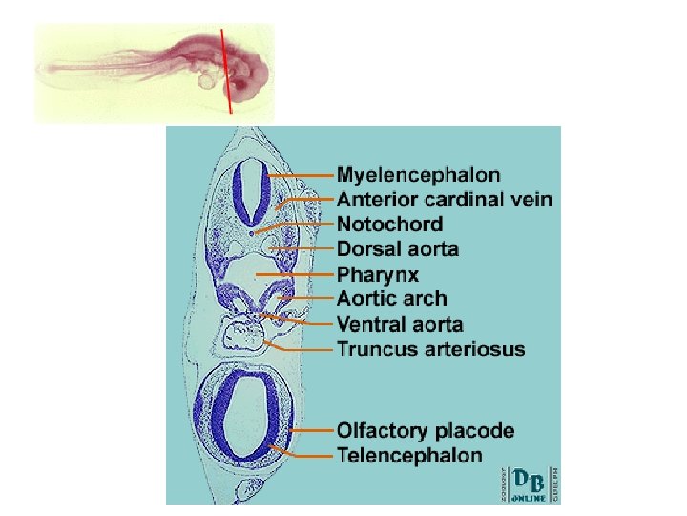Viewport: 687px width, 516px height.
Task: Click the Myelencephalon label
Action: point(419,175)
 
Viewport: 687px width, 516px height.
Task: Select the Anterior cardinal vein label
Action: point(444,200)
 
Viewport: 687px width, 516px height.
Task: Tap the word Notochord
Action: point(389,225)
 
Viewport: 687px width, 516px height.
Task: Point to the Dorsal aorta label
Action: point(398,249)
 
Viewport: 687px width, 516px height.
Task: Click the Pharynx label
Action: point(377,274)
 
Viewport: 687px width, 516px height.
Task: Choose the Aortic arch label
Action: point(391,299)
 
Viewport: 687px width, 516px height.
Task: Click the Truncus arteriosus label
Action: point(430,349)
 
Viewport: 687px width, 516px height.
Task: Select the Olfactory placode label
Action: point(426,431)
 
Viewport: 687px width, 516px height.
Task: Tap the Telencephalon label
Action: point(409,456)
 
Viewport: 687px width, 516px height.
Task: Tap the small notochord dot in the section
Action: point(251,232)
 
